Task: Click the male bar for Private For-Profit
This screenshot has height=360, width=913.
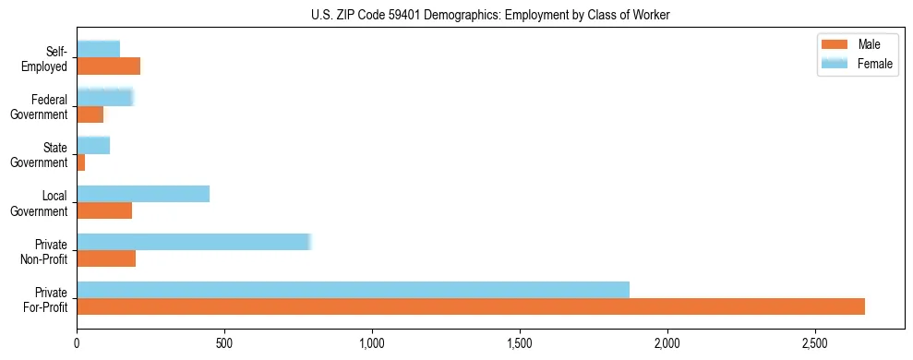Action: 471,306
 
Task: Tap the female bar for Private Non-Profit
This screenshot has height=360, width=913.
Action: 194,242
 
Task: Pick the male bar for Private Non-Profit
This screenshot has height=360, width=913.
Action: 106,258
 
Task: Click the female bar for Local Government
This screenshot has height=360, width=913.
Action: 143,194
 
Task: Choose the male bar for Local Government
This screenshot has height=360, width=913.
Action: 104,210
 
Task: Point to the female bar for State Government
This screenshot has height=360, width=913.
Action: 93,145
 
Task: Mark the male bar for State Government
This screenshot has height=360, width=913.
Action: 81,162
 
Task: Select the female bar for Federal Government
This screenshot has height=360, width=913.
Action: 105,97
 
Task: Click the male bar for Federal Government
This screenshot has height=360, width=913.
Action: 90,114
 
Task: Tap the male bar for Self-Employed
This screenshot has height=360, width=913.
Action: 108,66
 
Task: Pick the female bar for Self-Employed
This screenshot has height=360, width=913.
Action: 98,49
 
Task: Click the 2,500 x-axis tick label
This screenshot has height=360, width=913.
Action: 814,342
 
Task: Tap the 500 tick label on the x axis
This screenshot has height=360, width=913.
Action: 224,342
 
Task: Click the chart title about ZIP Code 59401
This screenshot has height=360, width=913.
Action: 490,15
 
